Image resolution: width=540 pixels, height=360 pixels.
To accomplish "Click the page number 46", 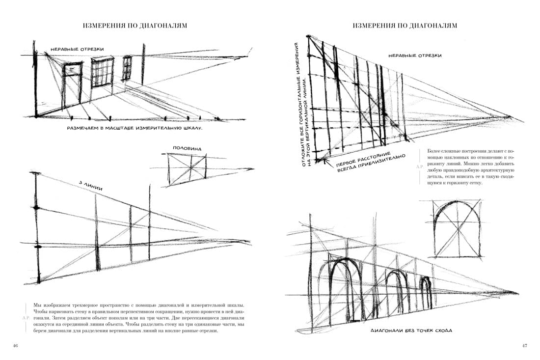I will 15,346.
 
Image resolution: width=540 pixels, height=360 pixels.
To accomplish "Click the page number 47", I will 524,346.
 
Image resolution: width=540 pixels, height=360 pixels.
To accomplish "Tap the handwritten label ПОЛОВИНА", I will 187,148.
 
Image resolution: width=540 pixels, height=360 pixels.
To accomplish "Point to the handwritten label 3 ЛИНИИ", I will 91,185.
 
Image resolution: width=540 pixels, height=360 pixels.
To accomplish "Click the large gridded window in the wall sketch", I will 102,72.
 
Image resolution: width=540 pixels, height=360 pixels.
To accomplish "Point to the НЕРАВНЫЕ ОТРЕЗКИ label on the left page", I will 77,50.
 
